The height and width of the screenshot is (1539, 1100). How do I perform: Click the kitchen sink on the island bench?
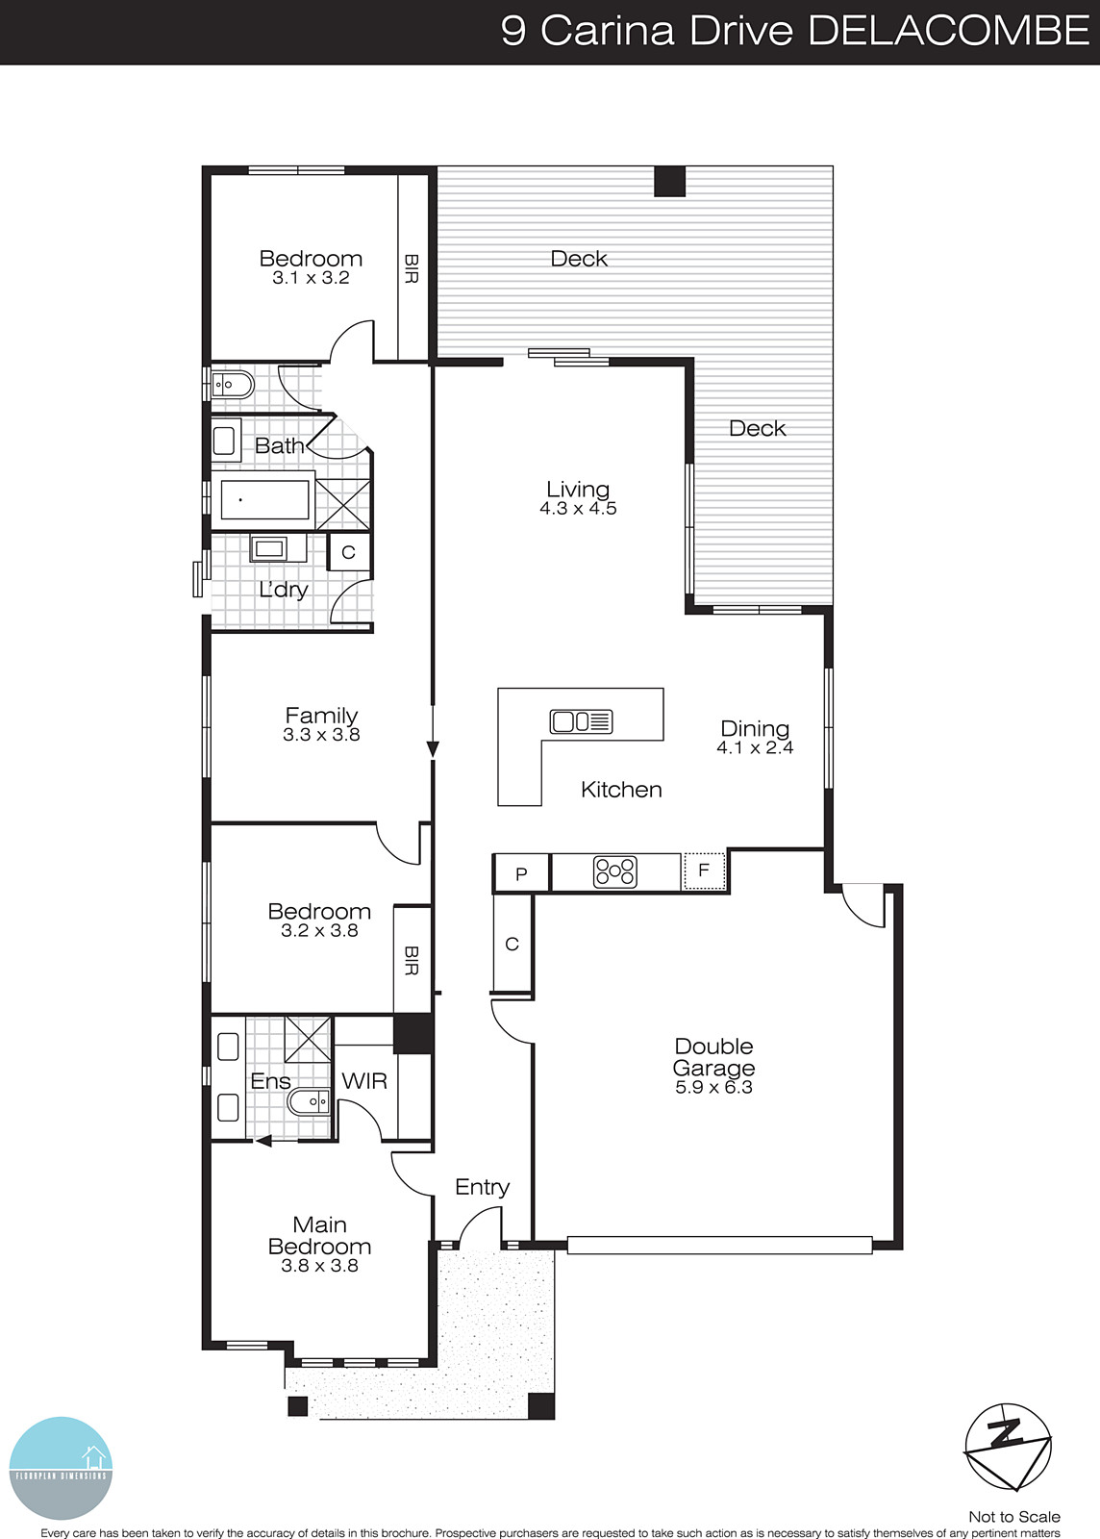pos(581,720)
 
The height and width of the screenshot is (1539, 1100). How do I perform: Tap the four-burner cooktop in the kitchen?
pos(615,871)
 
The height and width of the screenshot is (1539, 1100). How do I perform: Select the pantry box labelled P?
pos(521,873)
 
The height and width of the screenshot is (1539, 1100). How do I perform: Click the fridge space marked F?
pos(704,870)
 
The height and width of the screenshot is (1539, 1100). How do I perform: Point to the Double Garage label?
pos(713,1057)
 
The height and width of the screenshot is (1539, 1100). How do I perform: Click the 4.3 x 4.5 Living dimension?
pos(578,509)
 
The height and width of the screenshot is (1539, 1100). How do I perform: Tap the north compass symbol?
pos(1007,1446)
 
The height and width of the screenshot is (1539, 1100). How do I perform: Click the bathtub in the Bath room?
pos(264,500)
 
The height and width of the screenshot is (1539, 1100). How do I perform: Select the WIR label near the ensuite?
pos(364,1080)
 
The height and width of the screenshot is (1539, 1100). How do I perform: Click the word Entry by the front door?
pos(482,1187)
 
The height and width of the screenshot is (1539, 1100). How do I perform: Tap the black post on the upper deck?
pos(669,182)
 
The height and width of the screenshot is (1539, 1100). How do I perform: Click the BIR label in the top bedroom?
pos(412,268)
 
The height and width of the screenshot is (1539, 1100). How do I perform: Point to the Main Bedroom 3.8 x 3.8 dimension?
pos(319,1266)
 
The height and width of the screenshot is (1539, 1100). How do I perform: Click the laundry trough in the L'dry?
pos(268,549)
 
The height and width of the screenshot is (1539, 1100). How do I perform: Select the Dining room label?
pos(755,728)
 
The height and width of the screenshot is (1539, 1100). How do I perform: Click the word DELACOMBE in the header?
pos(948,31)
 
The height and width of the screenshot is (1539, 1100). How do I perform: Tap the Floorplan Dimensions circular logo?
pos(61,1468)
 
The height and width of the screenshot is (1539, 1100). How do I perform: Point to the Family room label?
pos(321,715)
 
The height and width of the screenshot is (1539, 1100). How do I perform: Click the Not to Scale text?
pos(1013,1517)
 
